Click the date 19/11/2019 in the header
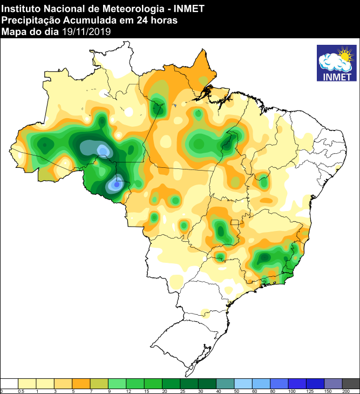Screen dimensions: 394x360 (x=86, y=32)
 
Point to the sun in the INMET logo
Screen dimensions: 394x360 (x=343, y=55)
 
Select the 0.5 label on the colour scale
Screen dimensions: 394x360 (x=21, y=391)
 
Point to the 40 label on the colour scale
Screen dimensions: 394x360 (x=218, y=391)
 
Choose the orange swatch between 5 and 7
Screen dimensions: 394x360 (x=81, y=383)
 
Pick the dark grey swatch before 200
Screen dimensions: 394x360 (x=351, y=383)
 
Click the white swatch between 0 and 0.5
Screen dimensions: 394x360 (x=9, y=383)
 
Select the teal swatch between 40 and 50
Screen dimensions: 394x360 (x=225, y=383)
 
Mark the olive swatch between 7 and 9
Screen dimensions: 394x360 (x=99, y=383)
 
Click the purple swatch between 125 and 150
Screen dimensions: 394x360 (x=332, y=383)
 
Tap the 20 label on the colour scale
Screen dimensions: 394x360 (x=164, y=391)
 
